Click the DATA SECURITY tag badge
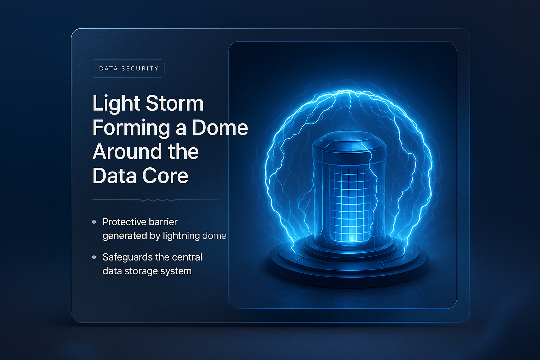128,69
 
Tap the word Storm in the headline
175,104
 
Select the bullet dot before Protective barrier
94,222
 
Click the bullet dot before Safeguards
94,257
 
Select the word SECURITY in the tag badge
140,69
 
